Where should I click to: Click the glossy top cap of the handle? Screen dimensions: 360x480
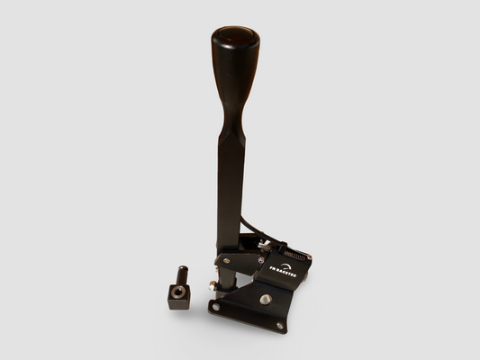coord(235,38)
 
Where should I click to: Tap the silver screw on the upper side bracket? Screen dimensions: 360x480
coord(226,261)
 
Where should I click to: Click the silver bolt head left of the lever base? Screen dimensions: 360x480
coord(212,286)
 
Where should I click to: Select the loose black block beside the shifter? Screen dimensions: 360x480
coord(179,296)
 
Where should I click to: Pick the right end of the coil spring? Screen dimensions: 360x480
coord(309,257)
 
